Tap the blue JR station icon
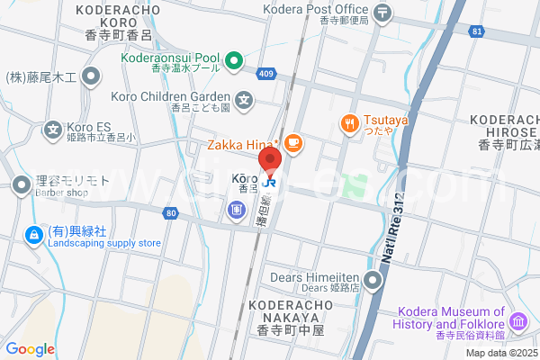(270, 182)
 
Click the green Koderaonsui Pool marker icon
(233, 61)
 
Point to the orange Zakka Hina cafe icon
(292, 143)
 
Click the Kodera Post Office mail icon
(384, 13)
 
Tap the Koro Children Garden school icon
(244, 97)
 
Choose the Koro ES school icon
(51, 128)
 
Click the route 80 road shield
(171, 213)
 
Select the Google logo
(30, 349)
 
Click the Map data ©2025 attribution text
(500, 352)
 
